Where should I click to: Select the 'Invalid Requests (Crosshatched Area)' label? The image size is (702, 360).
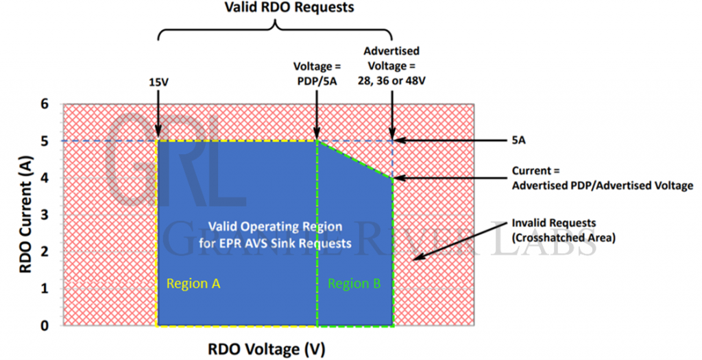coord(559,229)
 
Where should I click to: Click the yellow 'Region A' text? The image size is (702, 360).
coord(194,283)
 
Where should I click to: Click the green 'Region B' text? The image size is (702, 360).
coord(354,283)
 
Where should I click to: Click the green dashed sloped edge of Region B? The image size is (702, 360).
coord(355,159)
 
